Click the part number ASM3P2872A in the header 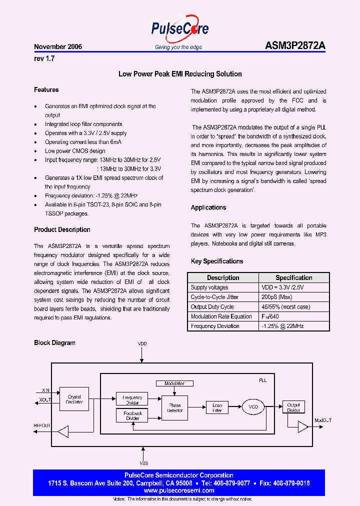(x=295, y=46)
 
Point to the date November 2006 (x=58, y=46)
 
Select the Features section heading (x=46, y=90)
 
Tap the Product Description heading (x=62, y=230)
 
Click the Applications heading (x=208, y=207)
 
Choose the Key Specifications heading (x=217, y=261)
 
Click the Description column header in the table (x=223, y=277)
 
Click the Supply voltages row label (x=209, y=287)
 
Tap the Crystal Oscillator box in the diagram (x=74, y=399)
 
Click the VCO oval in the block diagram (x=253, y=407)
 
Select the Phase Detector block (x=175, y=408)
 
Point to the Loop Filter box (x=217, y=407)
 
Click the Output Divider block (x=293, y=407)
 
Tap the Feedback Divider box (x=132, y=416)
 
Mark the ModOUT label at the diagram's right (x=323, y=420)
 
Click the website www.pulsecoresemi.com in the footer (x=179, y=491)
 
